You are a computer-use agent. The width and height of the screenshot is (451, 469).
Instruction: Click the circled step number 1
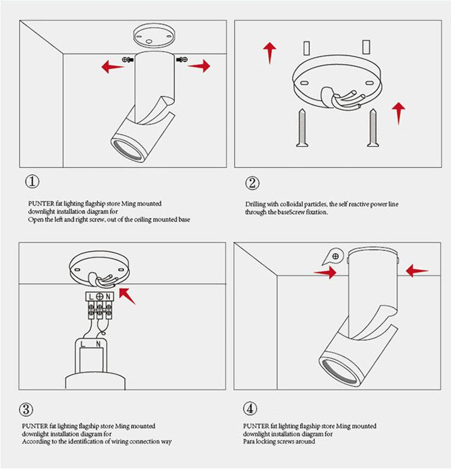tap(31, 181)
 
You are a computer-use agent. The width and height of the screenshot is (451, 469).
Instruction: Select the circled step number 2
tap(252, 183)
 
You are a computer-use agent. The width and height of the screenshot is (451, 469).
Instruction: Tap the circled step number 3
tap(27, 409)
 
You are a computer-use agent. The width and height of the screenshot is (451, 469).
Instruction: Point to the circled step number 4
tap(250, 409)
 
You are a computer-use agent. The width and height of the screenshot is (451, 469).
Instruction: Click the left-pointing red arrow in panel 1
tap(112, 66)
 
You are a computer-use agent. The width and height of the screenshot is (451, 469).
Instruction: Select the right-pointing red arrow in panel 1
tap(199, 66)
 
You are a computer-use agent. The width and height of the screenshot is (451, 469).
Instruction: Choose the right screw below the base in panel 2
tap(372, 127)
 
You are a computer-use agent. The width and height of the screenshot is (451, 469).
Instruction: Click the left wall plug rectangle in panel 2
tap(306, 47)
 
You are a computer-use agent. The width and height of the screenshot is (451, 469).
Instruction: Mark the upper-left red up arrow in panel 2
tap(270, 52)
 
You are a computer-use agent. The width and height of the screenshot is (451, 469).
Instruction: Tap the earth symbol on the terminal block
tap(100, 295)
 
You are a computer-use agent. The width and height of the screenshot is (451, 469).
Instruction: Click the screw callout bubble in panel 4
tap(335, 256)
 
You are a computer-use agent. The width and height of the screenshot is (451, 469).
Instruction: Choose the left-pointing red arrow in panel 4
tap(417, 271)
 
